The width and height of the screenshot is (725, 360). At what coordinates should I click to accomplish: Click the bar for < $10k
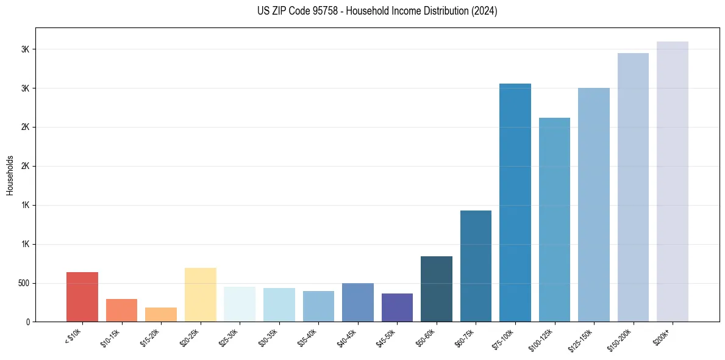click(82, 297)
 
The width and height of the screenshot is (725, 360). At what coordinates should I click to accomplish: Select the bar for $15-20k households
click(161, 314)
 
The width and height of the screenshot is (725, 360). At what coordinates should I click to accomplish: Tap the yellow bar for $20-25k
click(200, 295)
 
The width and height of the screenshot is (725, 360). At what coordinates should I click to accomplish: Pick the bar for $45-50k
click(397, 308)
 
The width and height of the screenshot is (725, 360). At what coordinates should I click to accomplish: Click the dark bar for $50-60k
click(437, 289)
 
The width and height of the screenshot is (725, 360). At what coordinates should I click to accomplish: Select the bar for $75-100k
click(515, 203)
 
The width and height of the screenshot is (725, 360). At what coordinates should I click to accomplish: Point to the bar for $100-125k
click(554, 220)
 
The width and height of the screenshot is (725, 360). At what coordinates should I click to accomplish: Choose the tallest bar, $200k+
click(673, 182)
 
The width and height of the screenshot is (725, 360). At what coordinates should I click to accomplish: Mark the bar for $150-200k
click(633, 187)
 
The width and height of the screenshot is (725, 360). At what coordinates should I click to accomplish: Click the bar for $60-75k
click(476, 266)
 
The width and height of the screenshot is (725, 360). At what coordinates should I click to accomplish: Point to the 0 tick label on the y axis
click(27, 322)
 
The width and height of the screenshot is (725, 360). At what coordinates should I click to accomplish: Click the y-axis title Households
click(10, 175)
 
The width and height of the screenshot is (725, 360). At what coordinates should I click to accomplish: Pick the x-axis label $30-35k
click(268, 337)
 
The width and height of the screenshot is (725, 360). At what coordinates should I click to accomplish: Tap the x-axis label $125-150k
click(582, 338)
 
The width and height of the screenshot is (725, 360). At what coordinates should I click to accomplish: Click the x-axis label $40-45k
click(347, 337)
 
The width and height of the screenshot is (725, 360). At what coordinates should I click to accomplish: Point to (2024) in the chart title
click(485, 11)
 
